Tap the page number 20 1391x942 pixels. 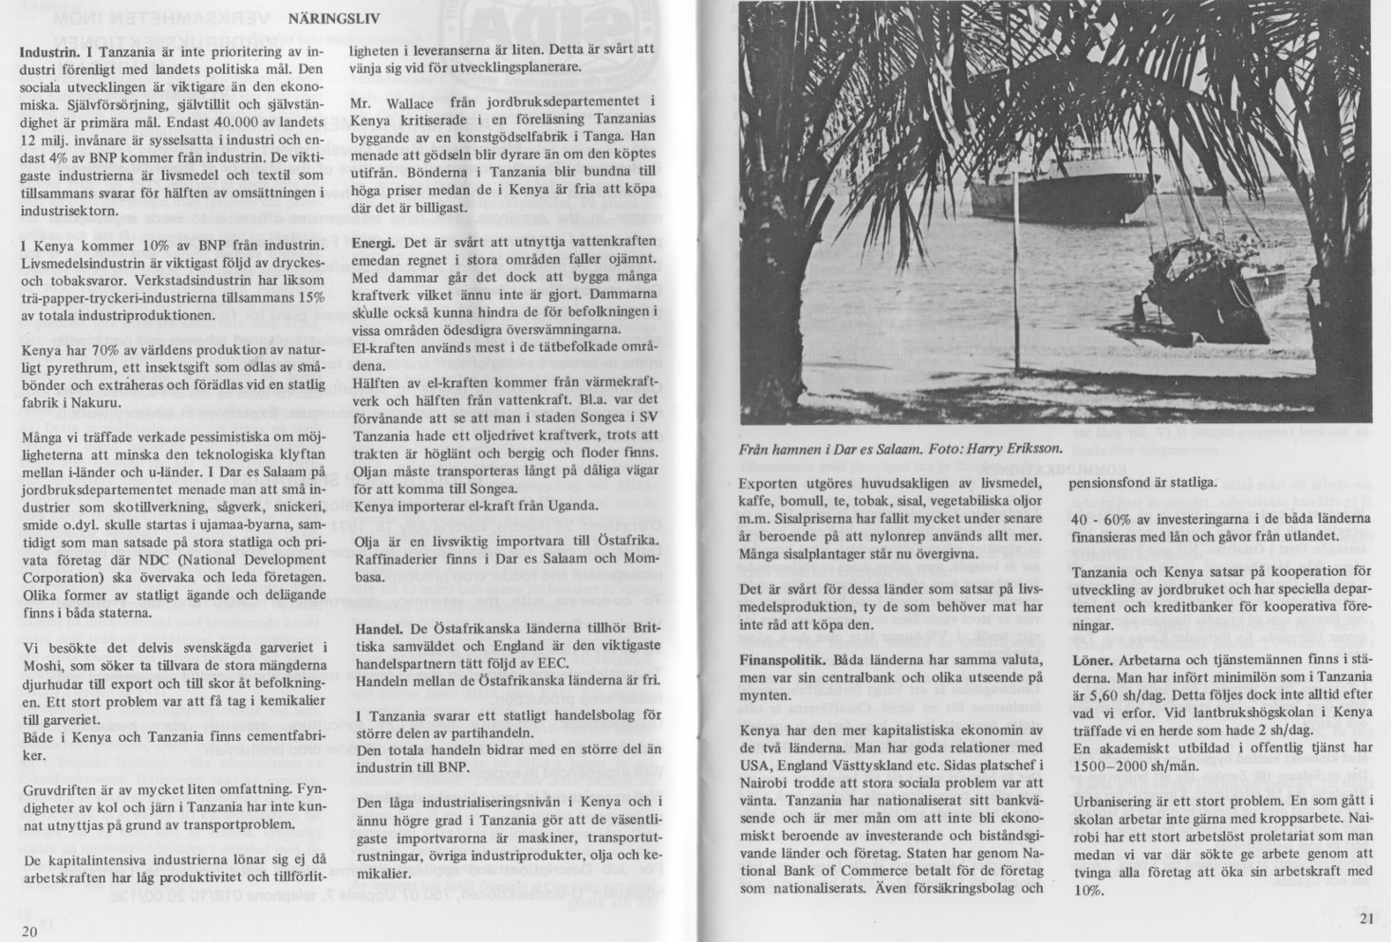[x=29, y=931]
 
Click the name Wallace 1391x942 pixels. [x=405, y=102]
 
